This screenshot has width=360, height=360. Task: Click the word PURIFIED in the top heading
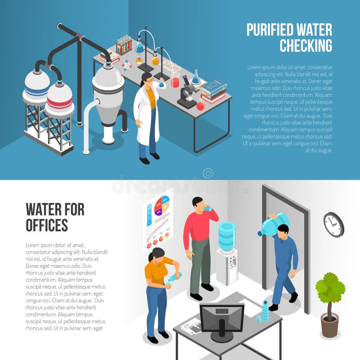[x=269, y=30]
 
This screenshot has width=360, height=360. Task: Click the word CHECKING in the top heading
[x=306, y=45]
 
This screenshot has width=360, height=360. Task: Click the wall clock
[x=333, y=225]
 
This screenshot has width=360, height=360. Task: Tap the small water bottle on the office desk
[x=265, y=311]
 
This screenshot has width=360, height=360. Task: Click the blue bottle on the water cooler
[x=227, y=236]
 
